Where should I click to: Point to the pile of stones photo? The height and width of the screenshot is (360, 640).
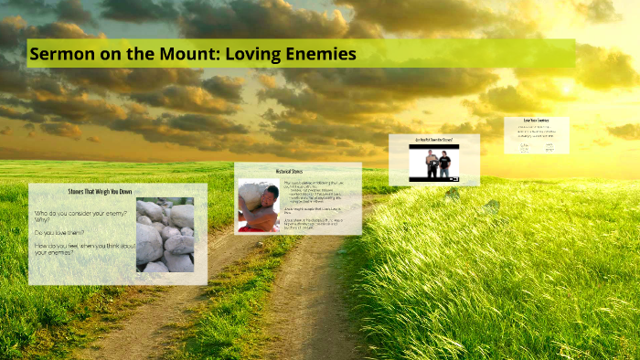pyautogui.click(x=165, y=235)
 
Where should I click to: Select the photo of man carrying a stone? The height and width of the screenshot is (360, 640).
pyautogui.click(x=258, y=205)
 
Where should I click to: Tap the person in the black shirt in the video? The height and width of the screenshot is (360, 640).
pyautogui.click(x=431, y=163)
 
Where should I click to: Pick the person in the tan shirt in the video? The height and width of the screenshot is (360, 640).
pyautogui.click(x=445, y=163)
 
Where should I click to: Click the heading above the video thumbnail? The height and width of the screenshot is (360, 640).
pyautogui.click(x=433, y=140)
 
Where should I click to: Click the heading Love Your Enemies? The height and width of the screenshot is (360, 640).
pyautogui.click(x=536, y=121)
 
